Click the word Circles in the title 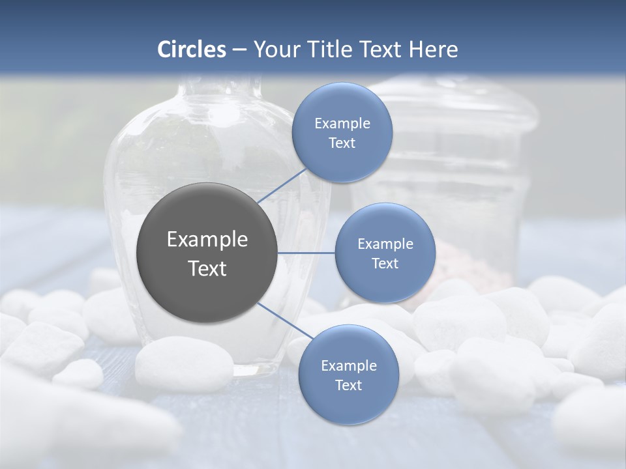[192, 50]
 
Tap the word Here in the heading [433, 50]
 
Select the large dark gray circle [207, 253]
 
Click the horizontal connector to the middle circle [306, 253]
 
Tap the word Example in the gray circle [207, 240]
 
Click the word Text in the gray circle [207, 268]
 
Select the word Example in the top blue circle [342, 124]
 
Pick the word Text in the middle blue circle [385, 263]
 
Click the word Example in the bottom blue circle [348, 365]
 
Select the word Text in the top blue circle [342, 143]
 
